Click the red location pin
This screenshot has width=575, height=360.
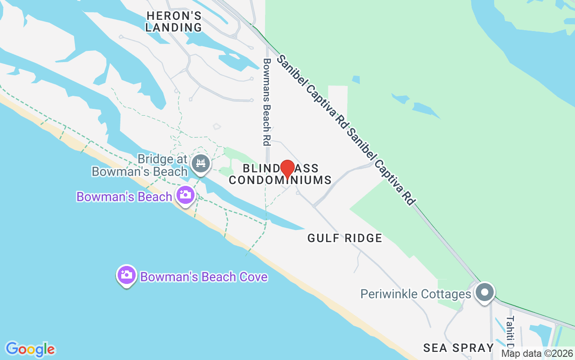tap(287, 169)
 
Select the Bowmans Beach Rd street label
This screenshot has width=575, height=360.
tap(267, 102)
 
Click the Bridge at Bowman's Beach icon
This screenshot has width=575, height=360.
tap(201, 163)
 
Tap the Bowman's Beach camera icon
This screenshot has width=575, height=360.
tap(185, 195)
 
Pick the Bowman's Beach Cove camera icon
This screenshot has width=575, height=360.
tap(127, 274)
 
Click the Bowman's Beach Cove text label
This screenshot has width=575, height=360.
tap(204, 276)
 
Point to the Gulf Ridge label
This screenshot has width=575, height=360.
tap(345, 238)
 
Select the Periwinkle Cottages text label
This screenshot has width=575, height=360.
tap(416, 294)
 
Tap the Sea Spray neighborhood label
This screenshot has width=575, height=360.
tap(458, 348)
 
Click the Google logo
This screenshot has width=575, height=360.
tap(30, 349)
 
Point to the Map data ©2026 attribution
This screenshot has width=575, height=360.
tap(537, 354)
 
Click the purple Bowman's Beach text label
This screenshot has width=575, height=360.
tap(124, 197)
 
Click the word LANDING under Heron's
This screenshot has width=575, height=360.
tap(174, 27)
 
